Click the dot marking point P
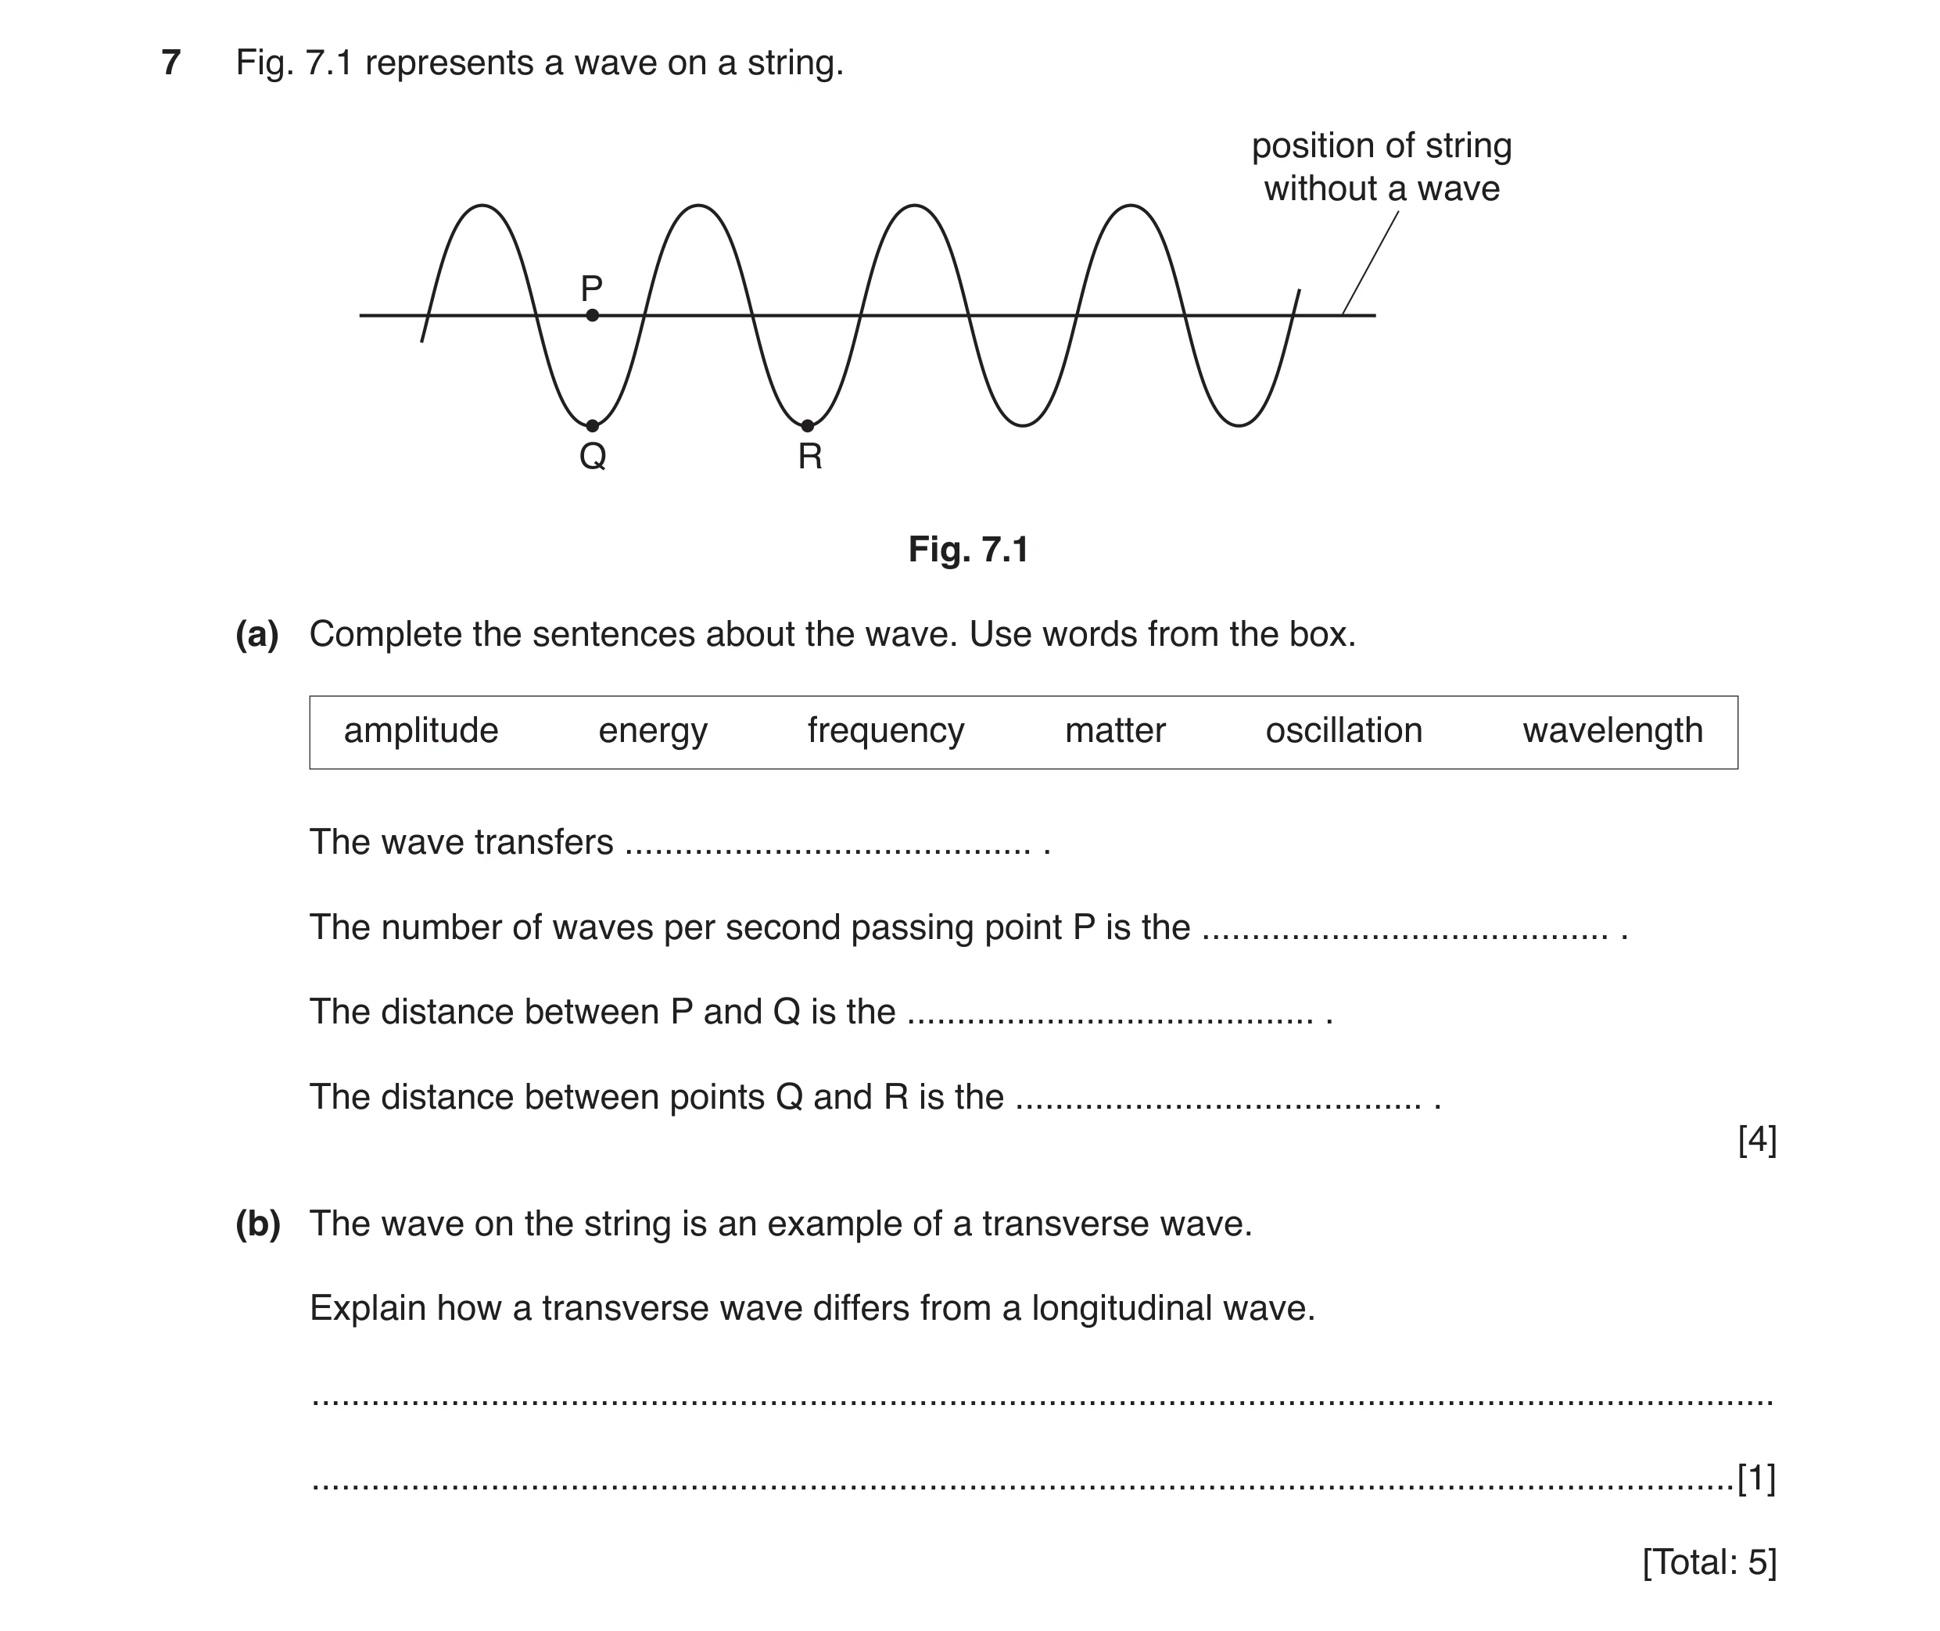coord(593,315)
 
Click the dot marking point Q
coord(593,425)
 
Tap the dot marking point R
coord(807,425)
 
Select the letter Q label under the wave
coord(593,457)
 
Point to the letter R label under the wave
coord(810,457)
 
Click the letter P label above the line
coord(592,289)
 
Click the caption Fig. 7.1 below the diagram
coord(968,549)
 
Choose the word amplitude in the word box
coord(421,731)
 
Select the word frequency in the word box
coord(886,731)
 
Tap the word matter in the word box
coord(1115,730)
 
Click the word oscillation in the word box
coord(1343,730)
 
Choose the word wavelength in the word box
coord(1612,731)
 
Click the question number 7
coord(171,63)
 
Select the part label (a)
coord(257,634)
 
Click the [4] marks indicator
coord(1757,1140)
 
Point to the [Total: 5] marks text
coord(1710,1561)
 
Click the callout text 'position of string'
coord(1382,146)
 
